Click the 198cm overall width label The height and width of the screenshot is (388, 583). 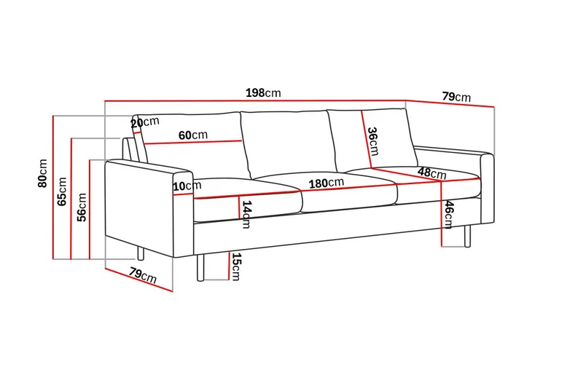point(263,93)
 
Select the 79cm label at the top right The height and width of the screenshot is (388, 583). point(456,97)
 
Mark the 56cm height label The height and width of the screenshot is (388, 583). point(82,207)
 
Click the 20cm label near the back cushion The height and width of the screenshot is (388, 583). point(145,122)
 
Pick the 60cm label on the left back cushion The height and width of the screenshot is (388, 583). point(193,135)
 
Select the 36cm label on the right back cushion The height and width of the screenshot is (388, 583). point(372,141)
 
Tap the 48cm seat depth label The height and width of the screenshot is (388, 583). point(432,173)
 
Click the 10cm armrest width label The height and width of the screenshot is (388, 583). point(187,186)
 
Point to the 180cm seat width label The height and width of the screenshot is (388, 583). point(326,183)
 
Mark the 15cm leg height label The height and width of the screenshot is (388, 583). point(235,266)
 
